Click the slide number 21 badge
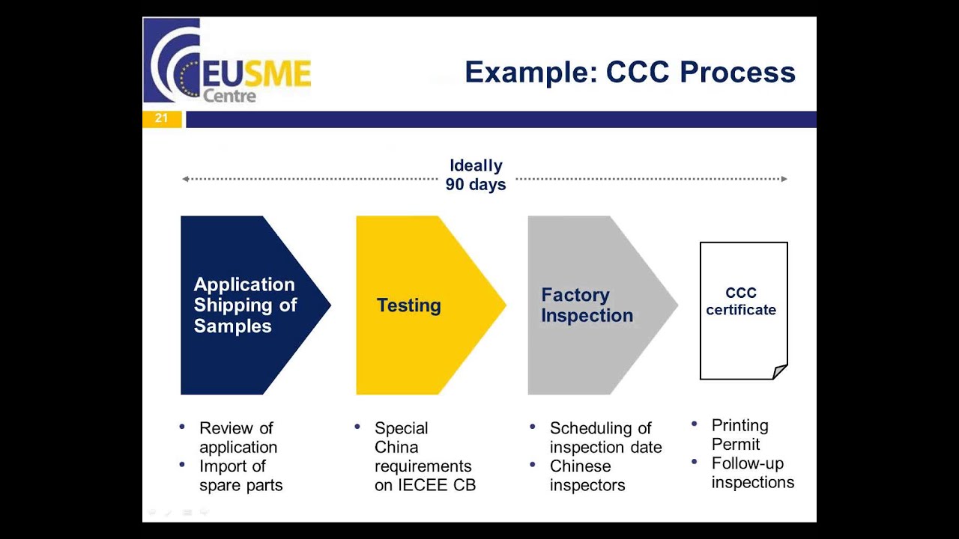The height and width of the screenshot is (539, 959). coord(161,118)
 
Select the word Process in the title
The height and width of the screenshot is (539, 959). coord(737,73)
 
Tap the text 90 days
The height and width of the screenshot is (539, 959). coord(476,184)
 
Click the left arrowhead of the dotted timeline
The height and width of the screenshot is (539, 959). coord(185,179)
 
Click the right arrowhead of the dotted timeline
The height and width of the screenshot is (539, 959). coord(784,179)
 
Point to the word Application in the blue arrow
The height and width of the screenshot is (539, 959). coord(244,284)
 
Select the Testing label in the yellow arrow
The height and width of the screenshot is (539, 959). coord(408,305)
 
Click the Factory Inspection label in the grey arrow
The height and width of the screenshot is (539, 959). coord(587,305)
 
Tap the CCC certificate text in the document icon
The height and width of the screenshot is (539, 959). coord(741,301)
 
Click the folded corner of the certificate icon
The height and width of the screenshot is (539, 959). coord(779,371)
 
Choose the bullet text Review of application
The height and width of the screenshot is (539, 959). coord(238,438)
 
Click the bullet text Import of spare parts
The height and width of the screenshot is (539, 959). coord(240,475)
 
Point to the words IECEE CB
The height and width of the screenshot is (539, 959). coord(425,485)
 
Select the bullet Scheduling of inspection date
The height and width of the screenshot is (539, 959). coord(605,438)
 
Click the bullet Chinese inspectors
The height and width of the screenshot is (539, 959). coord(587,475)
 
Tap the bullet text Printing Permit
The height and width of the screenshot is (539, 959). coord(739,435)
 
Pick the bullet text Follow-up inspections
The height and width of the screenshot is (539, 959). coord(752,472)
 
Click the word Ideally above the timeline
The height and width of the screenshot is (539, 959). coord(476,165)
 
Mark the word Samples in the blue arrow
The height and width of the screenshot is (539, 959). coord(232,326)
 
